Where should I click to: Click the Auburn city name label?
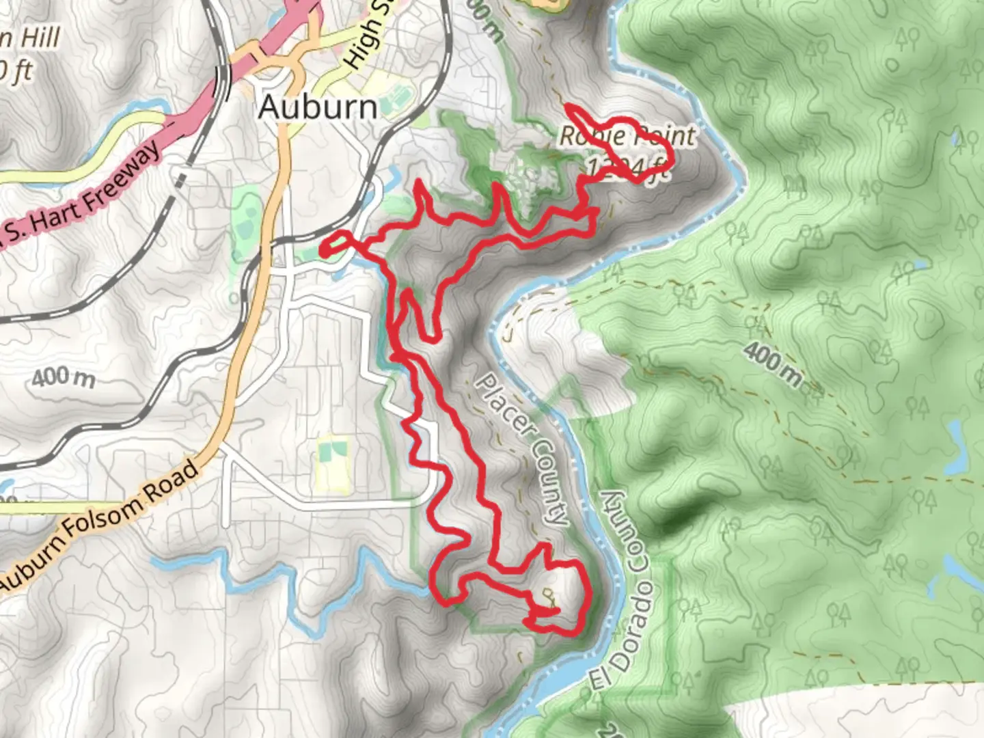tap(318, 107)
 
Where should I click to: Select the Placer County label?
tap(522, 448)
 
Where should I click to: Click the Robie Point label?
tap(626, 136)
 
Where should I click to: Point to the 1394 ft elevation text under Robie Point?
tap(626, 167)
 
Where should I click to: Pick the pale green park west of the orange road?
tap(246, 219)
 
